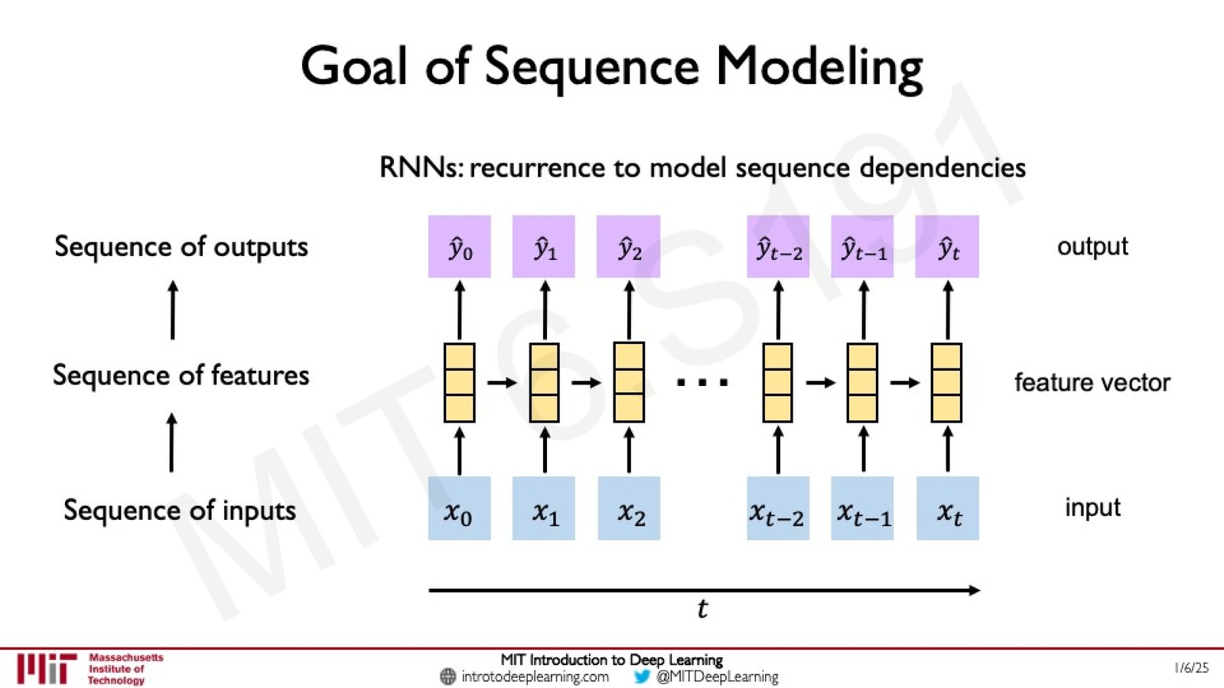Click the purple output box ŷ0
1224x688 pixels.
460,246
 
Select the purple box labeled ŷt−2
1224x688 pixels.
778,246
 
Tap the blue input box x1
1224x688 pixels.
544,508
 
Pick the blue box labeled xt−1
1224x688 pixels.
862,508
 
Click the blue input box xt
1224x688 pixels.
948,508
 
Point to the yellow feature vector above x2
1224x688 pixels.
629,382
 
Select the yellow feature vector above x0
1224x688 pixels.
460,382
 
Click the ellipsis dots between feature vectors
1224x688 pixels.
702,382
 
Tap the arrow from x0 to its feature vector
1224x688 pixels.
460,450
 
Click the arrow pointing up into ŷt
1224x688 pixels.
948,310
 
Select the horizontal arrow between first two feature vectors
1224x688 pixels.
502,383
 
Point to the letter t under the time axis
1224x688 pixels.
703,608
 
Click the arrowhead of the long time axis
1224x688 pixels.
975,590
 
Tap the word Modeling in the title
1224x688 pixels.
819,68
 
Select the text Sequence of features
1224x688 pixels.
181,375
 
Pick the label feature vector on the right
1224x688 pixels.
1092,382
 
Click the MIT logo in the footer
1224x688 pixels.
46,668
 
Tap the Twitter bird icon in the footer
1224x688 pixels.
642,677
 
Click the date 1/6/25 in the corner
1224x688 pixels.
1192,668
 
